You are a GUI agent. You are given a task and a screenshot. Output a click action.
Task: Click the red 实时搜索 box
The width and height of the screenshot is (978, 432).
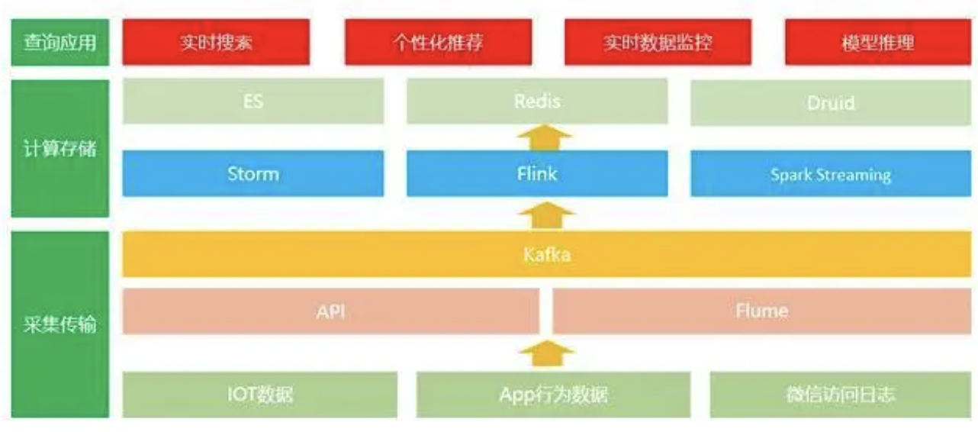point(217,42)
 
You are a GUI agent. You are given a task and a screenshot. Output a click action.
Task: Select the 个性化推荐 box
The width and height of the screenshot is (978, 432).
point(438,42)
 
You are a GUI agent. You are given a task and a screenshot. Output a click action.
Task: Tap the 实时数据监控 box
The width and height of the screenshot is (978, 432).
point(658,42)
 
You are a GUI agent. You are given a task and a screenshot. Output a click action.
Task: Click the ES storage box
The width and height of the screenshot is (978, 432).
point(253,101)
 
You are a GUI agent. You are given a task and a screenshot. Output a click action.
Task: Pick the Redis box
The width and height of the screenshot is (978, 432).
point(537,101)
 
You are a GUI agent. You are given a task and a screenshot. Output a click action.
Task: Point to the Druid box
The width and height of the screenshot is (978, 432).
point(831,102)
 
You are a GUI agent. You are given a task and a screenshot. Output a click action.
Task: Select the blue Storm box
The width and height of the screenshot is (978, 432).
point(253,174)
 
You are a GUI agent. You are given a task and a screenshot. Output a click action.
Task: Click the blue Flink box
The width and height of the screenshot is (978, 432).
point(537,174)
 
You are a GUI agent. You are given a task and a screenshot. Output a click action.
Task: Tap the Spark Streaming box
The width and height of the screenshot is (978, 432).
point(831,175)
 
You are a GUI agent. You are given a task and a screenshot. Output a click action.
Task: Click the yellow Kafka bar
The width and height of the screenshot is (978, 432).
point(546,254)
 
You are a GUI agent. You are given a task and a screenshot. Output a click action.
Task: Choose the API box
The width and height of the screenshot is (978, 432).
point(330,311)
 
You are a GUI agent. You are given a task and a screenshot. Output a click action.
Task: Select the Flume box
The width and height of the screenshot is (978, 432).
point(761,311)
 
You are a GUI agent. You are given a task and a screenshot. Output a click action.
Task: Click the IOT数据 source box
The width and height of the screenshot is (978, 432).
point(260,395)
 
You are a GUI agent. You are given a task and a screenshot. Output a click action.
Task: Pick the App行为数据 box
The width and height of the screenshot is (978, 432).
point(554,395)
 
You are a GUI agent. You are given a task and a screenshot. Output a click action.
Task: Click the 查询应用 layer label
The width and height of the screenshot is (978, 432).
point(60,42)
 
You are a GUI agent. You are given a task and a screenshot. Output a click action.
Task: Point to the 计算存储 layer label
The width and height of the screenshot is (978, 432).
point(60,149)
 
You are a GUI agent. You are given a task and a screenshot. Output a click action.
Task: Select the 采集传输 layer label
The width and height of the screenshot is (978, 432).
point(60,324)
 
